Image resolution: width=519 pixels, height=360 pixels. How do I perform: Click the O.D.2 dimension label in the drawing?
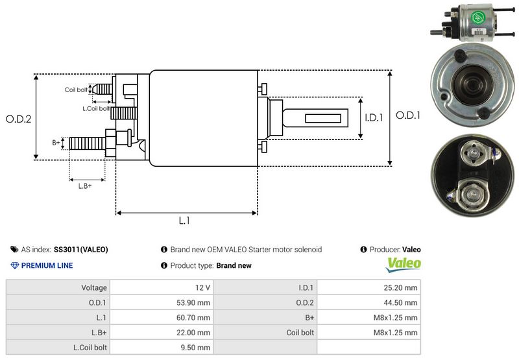click(19, 119)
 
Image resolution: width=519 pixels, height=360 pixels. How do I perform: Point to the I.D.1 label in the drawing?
click(374, 118)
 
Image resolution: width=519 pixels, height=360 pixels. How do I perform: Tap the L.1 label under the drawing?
click(184, 221)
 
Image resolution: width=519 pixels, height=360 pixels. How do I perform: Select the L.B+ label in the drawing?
click(85, 186)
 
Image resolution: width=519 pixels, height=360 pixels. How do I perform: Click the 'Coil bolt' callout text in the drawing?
click(76, 90)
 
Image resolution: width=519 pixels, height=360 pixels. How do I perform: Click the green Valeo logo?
click(404, 265)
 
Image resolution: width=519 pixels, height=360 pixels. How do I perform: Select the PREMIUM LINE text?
click(47, 265)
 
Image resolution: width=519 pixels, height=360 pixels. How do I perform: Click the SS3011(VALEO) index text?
click(81, 249)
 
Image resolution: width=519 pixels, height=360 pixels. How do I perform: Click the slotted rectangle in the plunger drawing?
click(324, 119)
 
